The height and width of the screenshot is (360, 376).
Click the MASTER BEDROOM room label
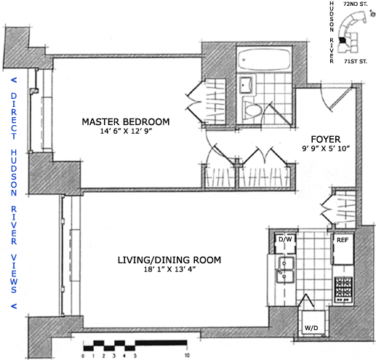tap(126, 121)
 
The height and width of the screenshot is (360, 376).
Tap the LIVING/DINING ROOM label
tap(169, 260)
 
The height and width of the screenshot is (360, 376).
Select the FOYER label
tap(326, 140)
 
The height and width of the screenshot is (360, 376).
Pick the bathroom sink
tap(246, 85)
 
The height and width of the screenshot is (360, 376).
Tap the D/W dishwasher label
tap(285, 239)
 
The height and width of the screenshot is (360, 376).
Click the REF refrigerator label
tap(343, 240)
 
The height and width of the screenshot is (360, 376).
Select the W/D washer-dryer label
tap(311, 328)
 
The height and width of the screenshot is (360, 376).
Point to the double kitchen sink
tap(286, 270)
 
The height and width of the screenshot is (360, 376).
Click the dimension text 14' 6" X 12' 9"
tap(126, 131)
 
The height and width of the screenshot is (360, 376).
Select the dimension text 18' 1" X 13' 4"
tap(169, 269)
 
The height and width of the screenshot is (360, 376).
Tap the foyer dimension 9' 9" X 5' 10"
tap(326, 148)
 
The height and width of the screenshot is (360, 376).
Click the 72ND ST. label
tap(356, 4)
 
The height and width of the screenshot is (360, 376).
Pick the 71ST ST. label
tap(356, 62)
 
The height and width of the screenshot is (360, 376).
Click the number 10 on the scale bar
tap(187, 356)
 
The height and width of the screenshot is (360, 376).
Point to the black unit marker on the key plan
tap(342, 40)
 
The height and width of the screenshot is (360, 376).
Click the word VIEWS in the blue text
tap(14, 273)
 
